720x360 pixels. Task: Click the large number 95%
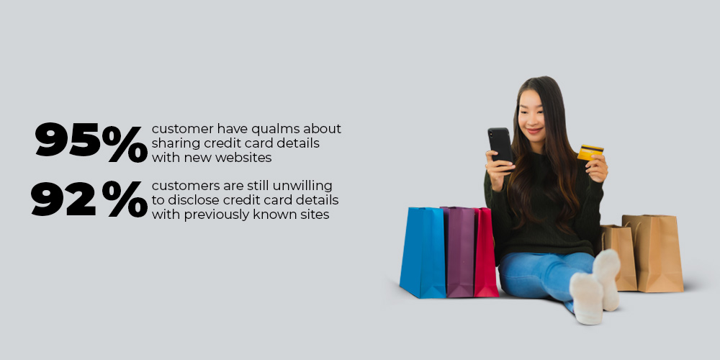coord(91,141)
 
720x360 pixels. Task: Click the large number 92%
coord(89,199)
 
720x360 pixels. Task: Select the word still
coord(258,186)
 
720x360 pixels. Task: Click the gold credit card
coord(590,153)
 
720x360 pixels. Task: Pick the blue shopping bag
coord(423,252)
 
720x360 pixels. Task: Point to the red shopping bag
coord(486,252)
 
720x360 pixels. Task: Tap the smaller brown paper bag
coord(619,256)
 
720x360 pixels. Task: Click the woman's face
coord(533,114)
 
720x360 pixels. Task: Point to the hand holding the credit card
coord(597,168)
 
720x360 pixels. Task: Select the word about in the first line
coord(323,128)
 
